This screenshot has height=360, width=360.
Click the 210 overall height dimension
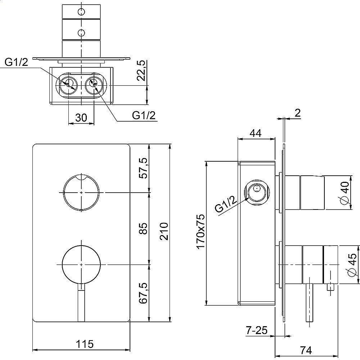[x=164, y=231]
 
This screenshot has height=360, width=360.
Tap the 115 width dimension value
[x=85, y=344]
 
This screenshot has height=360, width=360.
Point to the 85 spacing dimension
[x=144, y=228]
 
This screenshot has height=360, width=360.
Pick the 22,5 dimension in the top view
[x=141, y=71]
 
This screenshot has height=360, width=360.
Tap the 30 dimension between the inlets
[x=81, y=118]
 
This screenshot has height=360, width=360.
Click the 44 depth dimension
[x=255, y=133]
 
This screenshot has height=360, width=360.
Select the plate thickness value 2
[x=297, y=113]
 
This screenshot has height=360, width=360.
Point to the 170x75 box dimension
[x=201, y=231]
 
